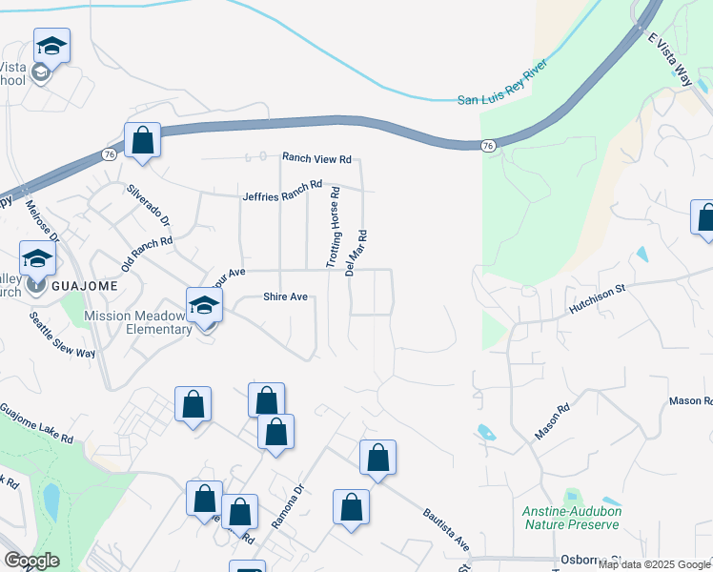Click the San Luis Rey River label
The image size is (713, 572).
505,99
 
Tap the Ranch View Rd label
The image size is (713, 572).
316,158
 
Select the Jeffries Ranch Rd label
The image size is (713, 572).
283,192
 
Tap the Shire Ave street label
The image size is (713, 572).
285,297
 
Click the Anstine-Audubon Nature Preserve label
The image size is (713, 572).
572,518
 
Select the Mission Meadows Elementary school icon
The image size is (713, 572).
204,307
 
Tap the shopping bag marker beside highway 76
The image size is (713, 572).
142,141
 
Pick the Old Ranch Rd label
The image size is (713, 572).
147,253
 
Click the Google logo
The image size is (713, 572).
31,562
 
